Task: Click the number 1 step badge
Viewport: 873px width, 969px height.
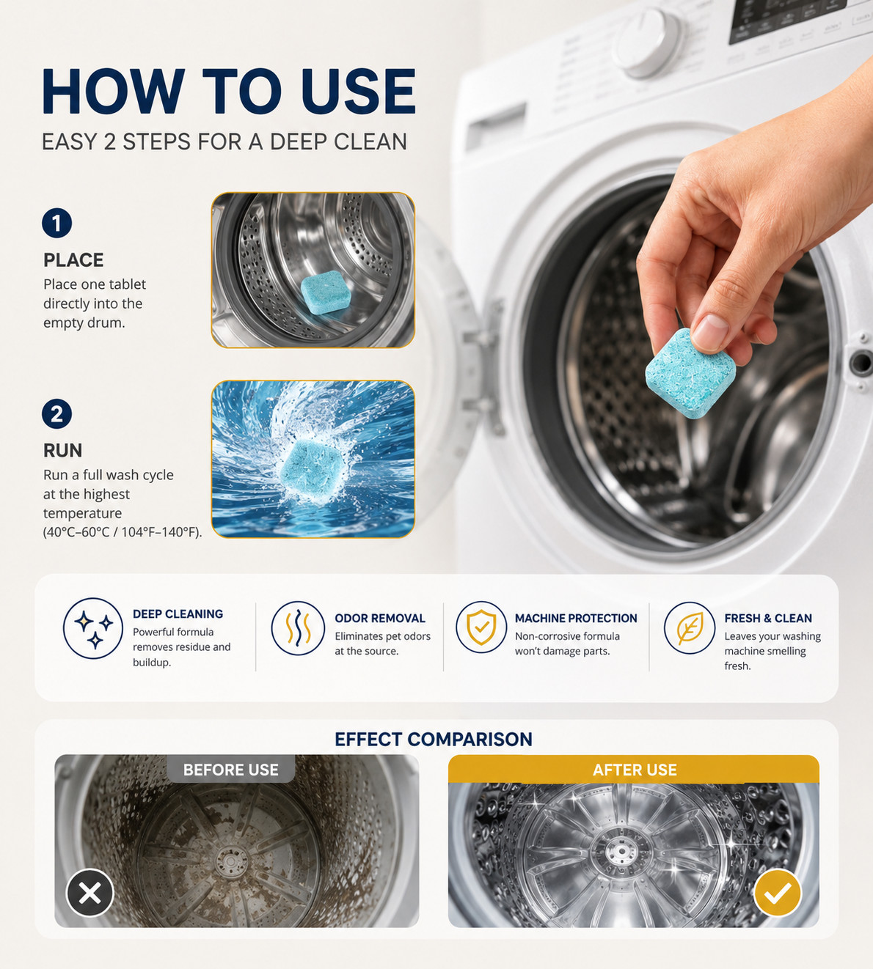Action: pyautogui.click(x=56, y=223)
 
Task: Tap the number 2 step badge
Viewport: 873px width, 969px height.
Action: pyautogui.click(x=56, y=414)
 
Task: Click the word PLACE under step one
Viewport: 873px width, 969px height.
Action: pyautogui.click(x=73, y=260)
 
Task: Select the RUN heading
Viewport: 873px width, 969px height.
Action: pyautogui.click(x=63, y=450)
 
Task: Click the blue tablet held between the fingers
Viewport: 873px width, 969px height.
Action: pyautogui.click(x=690, y=373)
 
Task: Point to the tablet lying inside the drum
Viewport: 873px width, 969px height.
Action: pyautogui.click(x=325, y=292)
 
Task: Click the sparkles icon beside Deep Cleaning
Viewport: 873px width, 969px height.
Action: pyautogui.click(x=93, y=628)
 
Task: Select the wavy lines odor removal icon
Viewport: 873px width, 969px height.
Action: pyautogui.click(x=298, y=628)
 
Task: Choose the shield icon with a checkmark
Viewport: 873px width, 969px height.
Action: pyautogui.click(x=481, y=627)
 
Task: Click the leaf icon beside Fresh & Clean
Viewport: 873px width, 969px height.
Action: pyautogui.click(x=689, y=627)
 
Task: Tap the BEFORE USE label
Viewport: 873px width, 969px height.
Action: pyautogui.click(x=230, y=770)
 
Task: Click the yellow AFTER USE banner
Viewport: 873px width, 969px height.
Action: pyautogui.click(x=634, y=770)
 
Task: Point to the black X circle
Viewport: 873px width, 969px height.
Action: pyautogui.click(x=90, y=893)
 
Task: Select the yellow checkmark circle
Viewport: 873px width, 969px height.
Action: pyautogui.click(x=778, y=893)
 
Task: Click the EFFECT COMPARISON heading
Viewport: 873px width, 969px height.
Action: pyautogui.click(x=434, y=739)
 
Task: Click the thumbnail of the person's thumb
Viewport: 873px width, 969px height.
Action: pyautogui.click(x=710, y=331)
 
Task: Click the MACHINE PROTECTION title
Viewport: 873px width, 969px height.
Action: pyautogui.click(x=576, y=618)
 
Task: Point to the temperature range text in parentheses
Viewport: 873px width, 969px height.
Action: pyautogui.click(x=123, y=532)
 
